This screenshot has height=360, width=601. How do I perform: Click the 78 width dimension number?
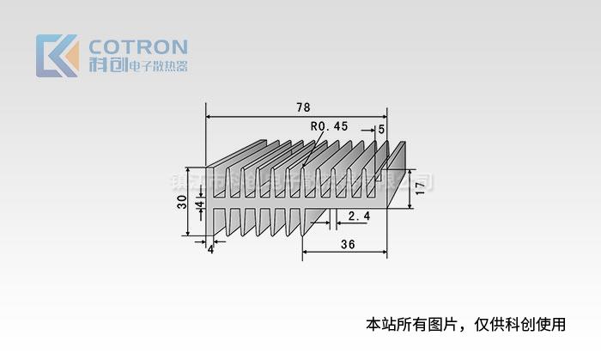click(x=303, y=107)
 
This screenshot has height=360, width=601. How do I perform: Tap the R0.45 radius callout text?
click(x=330, y=125)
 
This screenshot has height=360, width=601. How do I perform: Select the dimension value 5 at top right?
click(x=381, y=129)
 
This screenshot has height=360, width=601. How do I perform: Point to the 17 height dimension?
click(x=419, y=187)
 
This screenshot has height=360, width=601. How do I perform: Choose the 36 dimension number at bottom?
click(x=348, y=244)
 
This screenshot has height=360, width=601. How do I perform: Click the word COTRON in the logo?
click(x=138, y=46)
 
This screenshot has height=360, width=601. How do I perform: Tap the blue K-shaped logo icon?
click(x=53, y=56)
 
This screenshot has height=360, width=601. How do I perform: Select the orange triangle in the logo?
click(x=70, y=58)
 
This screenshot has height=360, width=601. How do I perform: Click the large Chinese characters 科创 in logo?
click(x=106, y=66)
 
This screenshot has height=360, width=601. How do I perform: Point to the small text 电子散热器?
click(x=157, y=66)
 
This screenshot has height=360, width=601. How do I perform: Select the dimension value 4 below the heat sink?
click(x=210, y=249)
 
